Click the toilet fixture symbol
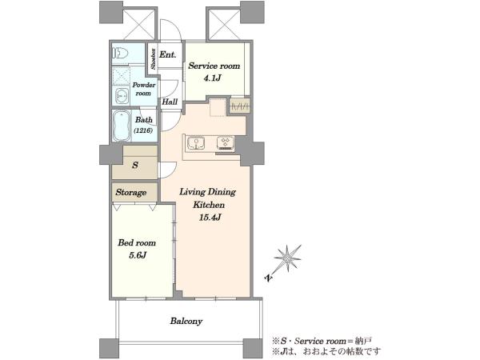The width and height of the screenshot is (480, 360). pyautogui.click(x=120, y=54)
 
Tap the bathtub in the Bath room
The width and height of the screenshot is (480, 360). pyautogui.click(x=122, y=126)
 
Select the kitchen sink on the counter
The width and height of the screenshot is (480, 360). pyautogui.click(x=196, y=143)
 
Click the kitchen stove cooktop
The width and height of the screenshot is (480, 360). pyautogui.click(x=226, y=143)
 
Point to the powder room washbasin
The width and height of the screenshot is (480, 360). pyautogui.click(x=122, y=96)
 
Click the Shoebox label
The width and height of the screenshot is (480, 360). pyautogui.click(x=153, y=58)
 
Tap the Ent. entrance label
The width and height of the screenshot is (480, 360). pyautogui.click(x=168, y=54)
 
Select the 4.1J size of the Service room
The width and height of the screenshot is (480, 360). pyautogui.click(x=213, y=78)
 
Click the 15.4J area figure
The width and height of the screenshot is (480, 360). pyautogui.click(x=210, y=218)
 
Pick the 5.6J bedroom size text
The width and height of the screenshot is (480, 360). pyautogui.click(x=138, y=255)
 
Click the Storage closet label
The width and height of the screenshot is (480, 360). pyautogui.click(x=131, y=193)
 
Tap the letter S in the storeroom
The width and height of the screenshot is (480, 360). pyautogui.click(x=135, y=166)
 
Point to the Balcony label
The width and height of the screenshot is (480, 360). pyautogui.click(x=186, y=321)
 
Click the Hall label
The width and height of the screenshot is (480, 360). pyautogui.click(x=170, y=102)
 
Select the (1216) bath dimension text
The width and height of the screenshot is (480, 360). pyautogui.click(x=143, y=130)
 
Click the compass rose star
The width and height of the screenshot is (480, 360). pyautogui.click(x=288, y=258)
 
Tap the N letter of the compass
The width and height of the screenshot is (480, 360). pyautogui.click(x=269, y=278)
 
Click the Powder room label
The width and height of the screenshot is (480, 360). pyautogui.click(x=143, y=89)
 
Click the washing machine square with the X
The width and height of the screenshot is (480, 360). pyautogui.click(x=122, y=76)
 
